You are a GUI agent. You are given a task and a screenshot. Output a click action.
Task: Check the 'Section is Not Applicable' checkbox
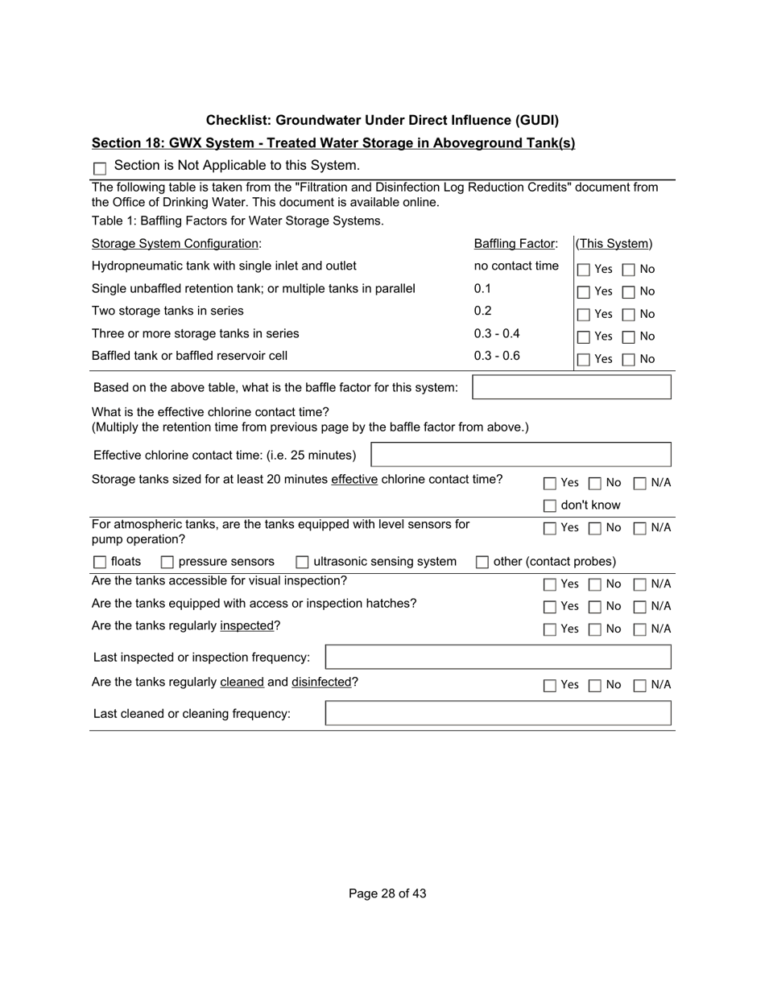[x=100, y=168]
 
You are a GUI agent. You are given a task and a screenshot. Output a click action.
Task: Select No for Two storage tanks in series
[x=629, y=315]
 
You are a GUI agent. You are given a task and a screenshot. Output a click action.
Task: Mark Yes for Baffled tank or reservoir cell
[x=584, y=360]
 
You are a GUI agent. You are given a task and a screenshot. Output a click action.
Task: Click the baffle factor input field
[x=571, y=387]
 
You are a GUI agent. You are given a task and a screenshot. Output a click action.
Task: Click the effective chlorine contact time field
[x=520, y=455]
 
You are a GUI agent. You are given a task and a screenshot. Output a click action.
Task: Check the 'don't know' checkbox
[x=549, y=506]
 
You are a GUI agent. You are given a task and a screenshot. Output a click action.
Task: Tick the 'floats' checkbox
[x=100, y=562]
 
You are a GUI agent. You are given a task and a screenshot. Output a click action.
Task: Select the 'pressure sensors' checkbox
[x=167, y=562]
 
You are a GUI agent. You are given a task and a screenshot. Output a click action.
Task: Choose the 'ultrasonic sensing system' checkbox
[x=303, y=562]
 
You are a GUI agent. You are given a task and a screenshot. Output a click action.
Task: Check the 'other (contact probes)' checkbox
[x=482, y=562]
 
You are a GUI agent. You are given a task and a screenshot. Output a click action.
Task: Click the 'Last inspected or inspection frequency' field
[x=498, y=657]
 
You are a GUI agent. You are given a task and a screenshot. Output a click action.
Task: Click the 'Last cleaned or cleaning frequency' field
[x=498, y=713]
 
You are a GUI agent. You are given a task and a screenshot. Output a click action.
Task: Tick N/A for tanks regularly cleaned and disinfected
[x=639, y=686]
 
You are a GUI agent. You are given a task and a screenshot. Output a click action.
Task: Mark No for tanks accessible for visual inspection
[x=594, y=584]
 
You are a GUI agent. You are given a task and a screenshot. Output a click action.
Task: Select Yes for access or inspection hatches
[x=549, y=607]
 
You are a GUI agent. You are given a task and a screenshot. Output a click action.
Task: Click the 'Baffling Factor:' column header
[x=515, y=244]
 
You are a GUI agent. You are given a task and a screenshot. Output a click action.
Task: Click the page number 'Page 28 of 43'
[x=387, y=893]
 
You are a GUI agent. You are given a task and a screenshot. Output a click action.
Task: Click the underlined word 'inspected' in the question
[x=246, y=625]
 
